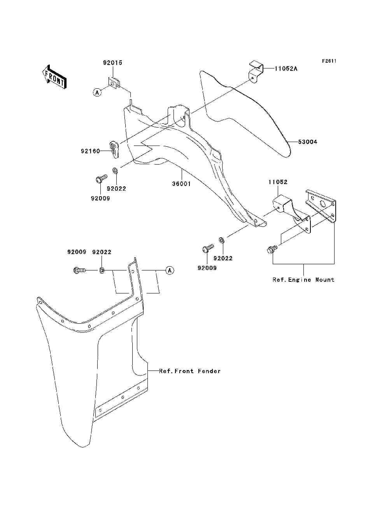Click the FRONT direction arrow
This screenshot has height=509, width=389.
click(x=55, y=77)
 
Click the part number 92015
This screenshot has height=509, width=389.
click(x=113, y=63)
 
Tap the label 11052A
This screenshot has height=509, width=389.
click(x=286, y=68)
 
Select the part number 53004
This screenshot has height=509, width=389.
click(x=307, y=142)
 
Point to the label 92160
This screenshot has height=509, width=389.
click(x=90, y=151)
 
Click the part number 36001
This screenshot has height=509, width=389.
click(x=181, y=184)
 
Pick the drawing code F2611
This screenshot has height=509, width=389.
click(x=329, y=61)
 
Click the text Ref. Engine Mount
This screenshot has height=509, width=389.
click(x=303, y=280)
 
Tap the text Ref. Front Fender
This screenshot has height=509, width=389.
click(x=189, y=371)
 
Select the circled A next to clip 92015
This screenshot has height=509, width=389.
click(x=97, y=93)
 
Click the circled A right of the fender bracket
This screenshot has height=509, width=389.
click(x=170, y=270)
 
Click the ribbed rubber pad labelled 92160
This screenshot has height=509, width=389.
click(x=114, y=150)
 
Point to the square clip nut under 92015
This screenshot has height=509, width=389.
click(x=114, y=83)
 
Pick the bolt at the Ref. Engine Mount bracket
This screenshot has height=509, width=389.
click(x=272, y=249)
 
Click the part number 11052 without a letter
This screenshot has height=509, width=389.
click(x=278, y=182)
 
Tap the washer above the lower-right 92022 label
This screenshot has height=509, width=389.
click(x=221, y=240)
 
